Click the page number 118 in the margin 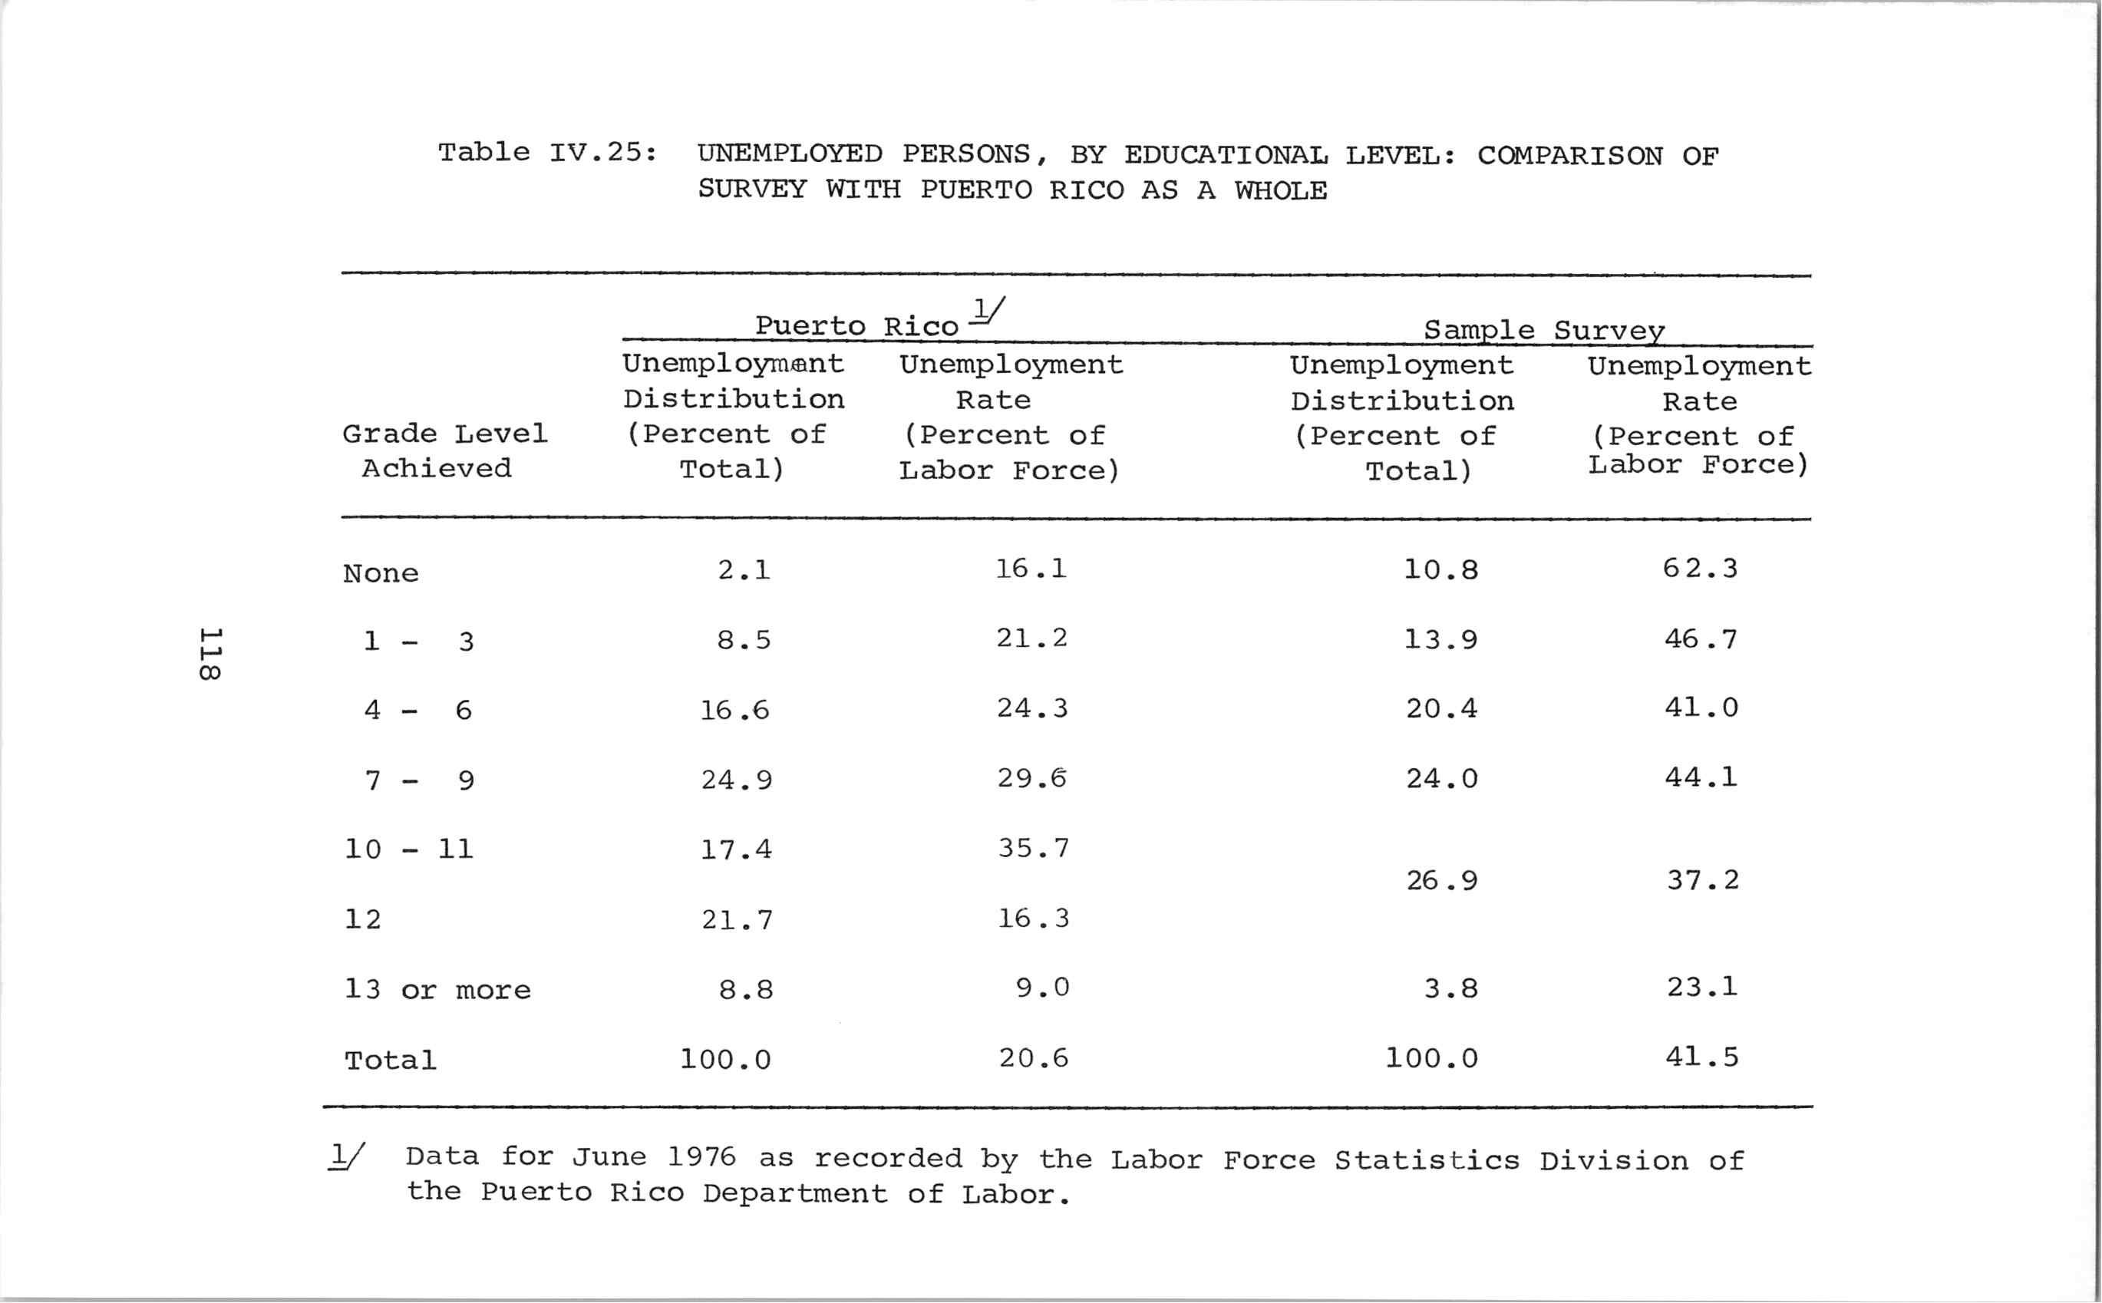tap(210, 654)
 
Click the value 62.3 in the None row tap(1700, 569)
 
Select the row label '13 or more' tap(437, 989)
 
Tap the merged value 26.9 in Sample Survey tap(1441, 881)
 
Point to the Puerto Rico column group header tap(856, 325)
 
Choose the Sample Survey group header tap(1543, 330)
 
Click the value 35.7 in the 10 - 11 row tap(1033, 849)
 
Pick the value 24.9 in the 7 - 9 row tap(736, 780)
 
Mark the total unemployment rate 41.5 tap(1701, 1057)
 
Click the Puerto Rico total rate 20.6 tap(1033, 1058)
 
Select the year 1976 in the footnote tap(701, 1156)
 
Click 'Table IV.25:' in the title tap(547, 153)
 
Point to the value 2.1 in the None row tap(744, 570)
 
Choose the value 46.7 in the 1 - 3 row tap(1701, 639)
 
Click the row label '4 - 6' tap(418, 711)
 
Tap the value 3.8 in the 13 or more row tap(1450, 988)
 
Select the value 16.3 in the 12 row tap(1033, 919)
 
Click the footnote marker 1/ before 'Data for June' tap(346, 1156)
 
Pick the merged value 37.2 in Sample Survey tap(1702, 881)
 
